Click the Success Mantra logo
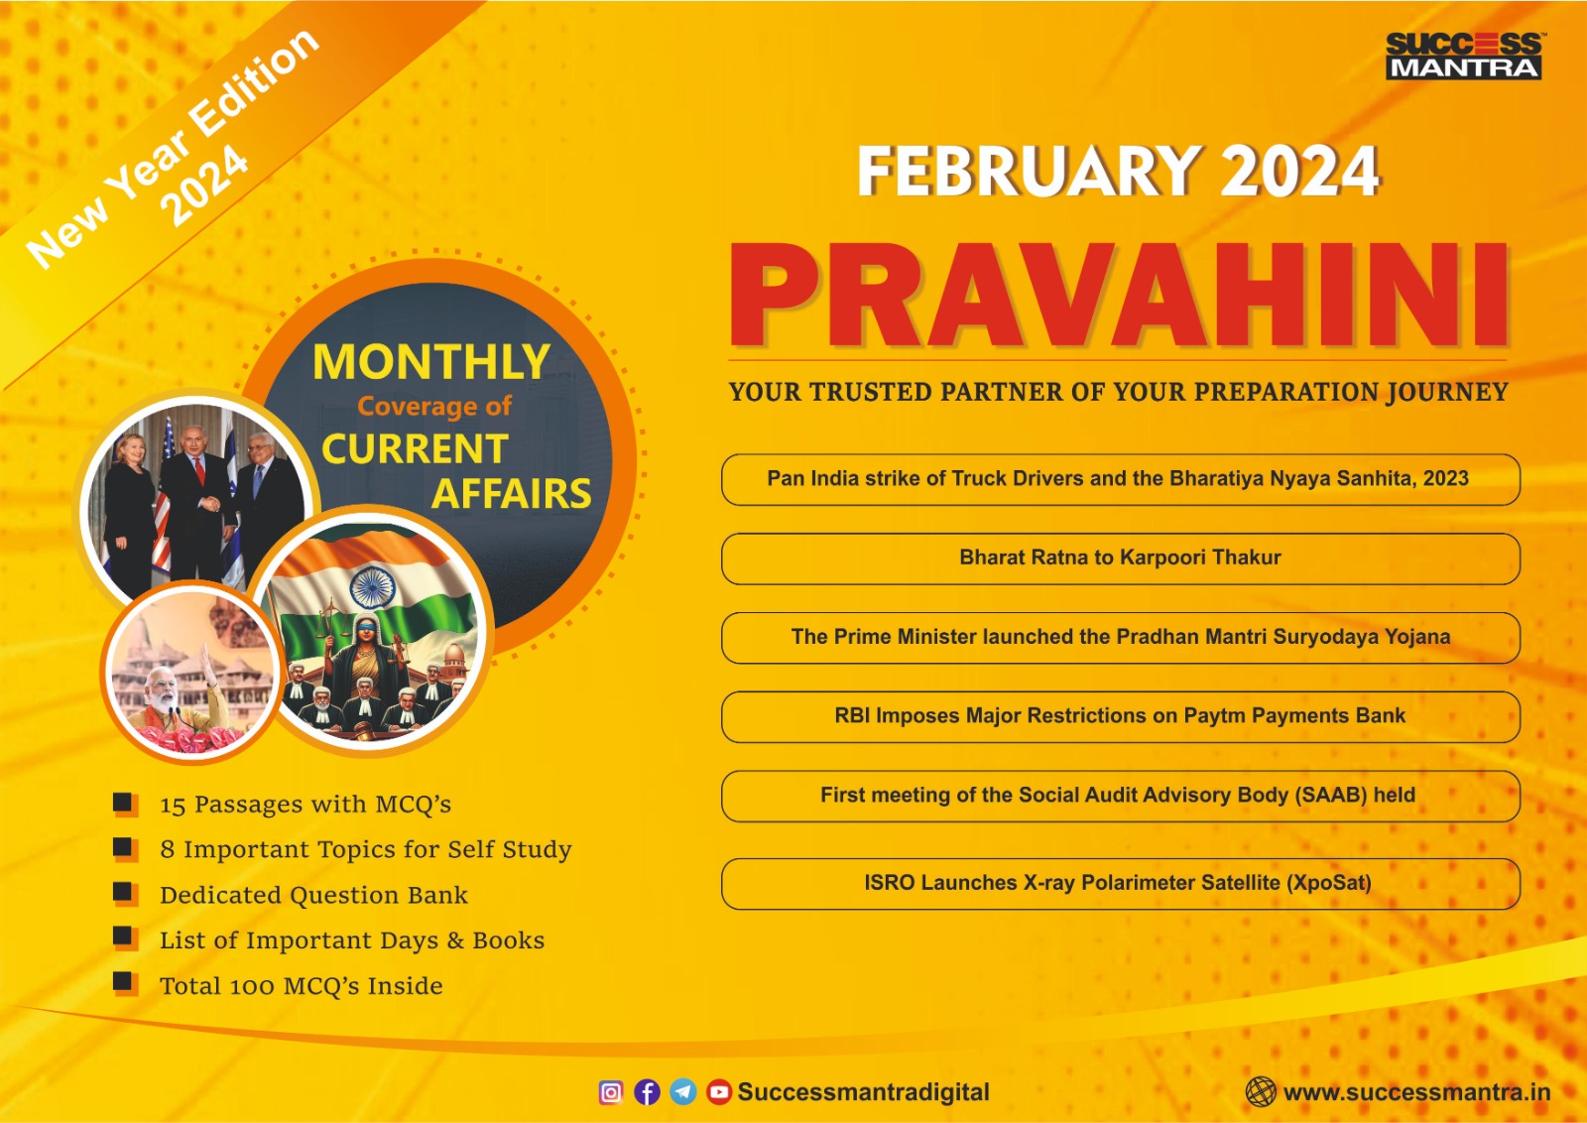tap(1464, 56)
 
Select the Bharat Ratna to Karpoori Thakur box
tap(1121, 559)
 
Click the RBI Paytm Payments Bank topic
tap(1121, 716)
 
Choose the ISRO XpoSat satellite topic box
tap(1121, 884)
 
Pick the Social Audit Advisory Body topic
tap(1121, 796)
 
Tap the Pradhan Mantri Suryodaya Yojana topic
tap(1121, 638)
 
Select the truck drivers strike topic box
tap(1121, 479)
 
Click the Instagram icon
tap(611, 1092)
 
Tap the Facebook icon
tap(647, 1092)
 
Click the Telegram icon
tap(683, 1092)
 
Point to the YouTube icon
tap(718, 1092)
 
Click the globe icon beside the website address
tap(1261, 1092)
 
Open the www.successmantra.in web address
tap(1417, 1092)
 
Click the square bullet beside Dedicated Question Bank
tap(125, 894)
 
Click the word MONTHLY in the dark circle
tap(430, 362)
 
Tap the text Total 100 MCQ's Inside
tap(302, 986)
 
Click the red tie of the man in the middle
tap(200, 470)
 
